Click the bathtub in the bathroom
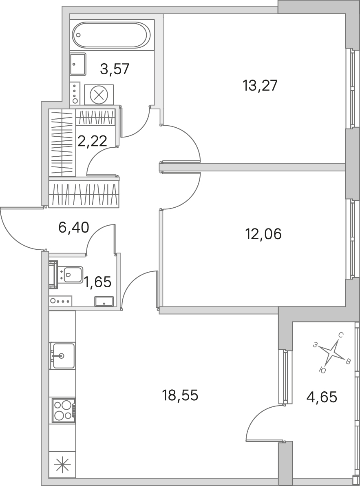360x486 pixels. click(110, 35)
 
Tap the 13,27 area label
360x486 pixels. click(260, 85)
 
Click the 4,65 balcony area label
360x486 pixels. click(322, 397)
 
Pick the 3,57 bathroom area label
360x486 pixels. click(115, 69)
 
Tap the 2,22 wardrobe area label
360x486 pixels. click(92, 141)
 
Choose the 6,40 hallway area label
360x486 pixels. click(74, 228)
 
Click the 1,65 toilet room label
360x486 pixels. click(97, 282)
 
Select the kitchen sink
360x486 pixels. click(62, 355)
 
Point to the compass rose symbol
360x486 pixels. click(332, 353)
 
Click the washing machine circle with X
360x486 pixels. click(99, 95)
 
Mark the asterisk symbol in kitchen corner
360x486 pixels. click(62, 464)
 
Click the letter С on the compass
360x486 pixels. click(340, 335)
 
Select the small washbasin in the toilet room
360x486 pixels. click(104, 301)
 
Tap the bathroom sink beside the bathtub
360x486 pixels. click(78, 64)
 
